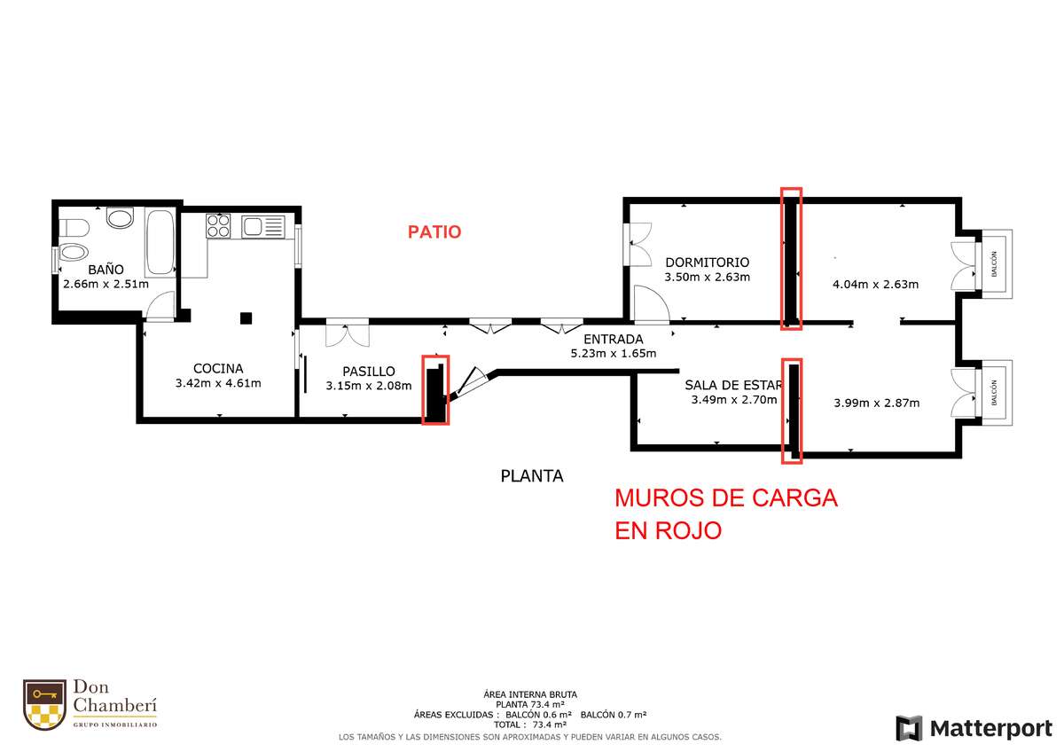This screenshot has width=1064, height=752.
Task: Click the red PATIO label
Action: click(x=434, y=231)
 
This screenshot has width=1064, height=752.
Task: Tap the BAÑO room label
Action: click(x=106, y=270)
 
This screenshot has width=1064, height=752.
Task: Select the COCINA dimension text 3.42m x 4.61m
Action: click(x=218, y=383)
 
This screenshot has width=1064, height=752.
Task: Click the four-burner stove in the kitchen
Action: click(x=218, y=225)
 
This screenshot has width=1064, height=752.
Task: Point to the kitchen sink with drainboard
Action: click(x=263, y=227)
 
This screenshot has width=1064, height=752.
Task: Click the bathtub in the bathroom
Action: click(x=160, y=242)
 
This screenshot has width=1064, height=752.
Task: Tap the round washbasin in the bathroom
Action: click(x=120, y=218)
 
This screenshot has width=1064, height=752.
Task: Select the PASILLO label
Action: click(x=369, y=371)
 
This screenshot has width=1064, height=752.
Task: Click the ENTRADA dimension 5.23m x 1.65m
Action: click(x=614, y=354)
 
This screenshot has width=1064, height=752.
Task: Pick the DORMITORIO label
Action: click(x=708, y=262)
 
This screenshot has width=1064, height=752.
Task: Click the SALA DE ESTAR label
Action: click(x=733, y=385)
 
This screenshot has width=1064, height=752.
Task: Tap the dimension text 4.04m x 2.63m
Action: click(x=875, y=284)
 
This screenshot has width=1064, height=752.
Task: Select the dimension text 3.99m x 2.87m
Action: click(x=876, y=403)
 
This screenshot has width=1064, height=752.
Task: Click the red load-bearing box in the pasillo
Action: click(x=435, y=389)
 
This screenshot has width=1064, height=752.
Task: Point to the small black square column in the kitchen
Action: click(x=246, y=317)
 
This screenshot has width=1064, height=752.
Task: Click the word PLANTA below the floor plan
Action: click(x=531, y=476)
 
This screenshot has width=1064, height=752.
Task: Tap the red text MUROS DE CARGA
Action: click(x=726, y=498)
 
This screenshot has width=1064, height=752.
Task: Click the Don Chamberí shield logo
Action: click(x=44, y=704)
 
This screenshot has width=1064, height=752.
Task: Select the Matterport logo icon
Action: click(x=909, y=728)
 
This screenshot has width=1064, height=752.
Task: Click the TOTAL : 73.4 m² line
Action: click(x=530, y=725)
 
